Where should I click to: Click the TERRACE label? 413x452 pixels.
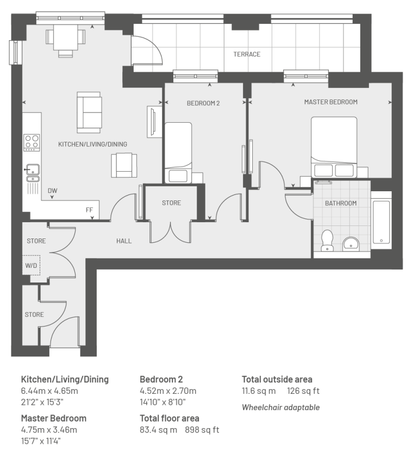pyautogui.click(x=247, y=54)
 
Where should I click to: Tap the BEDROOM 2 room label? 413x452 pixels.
pyautogui.click(x=203, y=103)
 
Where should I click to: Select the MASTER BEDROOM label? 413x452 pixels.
pyautogui.click(x=331, y=102)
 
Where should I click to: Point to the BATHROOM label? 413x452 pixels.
pyautogui.click(x=341, y=203)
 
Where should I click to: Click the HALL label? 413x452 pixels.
pyautogui.click(x=124, y=241)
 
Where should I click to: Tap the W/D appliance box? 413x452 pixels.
pyautogui.click(x=31, y=265)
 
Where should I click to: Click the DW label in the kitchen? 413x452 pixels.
pyautogui.click(x=53, y=191)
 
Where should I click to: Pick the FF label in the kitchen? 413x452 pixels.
pyautogui.click(x=90, y=210)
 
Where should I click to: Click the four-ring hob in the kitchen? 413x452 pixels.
pyautogui.click(x=32, y=142)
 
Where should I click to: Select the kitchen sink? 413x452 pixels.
pyautogui.click(x=33, y=173)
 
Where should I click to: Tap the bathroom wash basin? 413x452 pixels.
pyautogui.click(x=351, y=244)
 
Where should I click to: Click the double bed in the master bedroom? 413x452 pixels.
pyautogui.click(x=334, y=147)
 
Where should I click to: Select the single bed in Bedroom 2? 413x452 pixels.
pyautogui.click(x=178, y=153)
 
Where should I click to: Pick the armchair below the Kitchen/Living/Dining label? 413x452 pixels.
pyautogui.click(x=124, y=165)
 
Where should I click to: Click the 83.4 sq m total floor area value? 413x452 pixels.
pyautogui.click(x=158, y=430)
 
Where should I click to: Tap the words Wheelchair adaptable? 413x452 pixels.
pyautogui.click(x=280, y=407)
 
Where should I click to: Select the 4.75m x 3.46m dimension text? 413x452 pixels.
pyautogui.click(x=49, y=430)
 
